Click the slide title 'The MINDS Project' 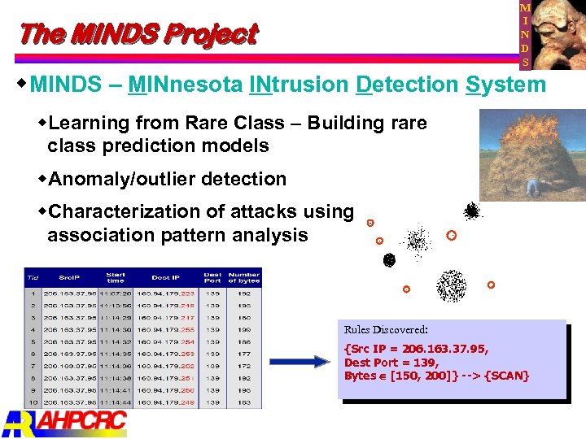coord(137,34)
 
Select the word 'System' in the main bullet coord(505,85)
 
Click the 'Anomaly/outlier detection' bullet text coord(168,179)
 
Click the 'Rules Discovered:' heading coord(386,330)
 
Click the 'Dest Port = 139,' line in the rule coord(391,363)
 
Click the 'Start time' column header coord(116,278)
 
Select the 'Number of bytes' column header coord(243,278)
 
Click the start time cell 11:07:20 coord(115,293)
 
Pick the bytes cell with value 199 coord(243,329)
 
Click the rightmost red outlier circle coord(491,285)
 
